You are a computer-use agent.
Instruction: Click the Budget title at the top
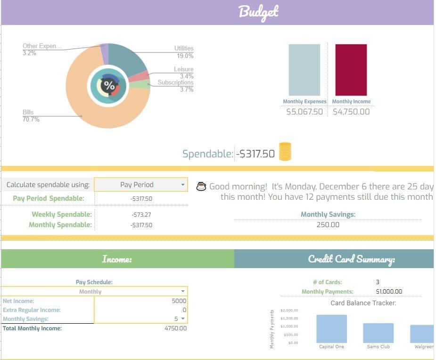(x=258, y=12)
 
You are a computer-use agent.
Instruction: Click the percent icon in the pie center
(x=109, y=86)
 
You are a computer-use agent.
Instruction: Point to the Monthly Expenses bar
(x=304, y=70)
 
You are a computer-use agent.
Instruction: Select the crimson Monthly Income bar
(x=351, y=70)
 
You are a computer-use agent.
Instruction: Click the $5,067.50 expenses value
(x=304, y=112)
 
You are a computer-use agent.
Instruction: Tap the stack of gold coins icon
(x=285, y=152)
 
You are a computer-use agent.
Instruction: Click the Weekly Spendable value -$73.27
(x=141, y=215)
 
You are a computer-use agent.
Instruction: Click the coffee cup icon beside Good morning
(x=201, y=187)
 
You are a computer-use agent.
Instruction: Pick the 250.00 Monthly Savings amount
(x=328, y=225)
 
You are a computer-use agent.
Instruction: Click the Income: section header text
(x=117, y=259)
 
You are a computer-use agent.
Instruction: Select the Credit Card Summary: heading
(x=351, y=259)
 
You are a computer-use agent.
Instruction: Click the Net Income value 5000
(x=179, y=301)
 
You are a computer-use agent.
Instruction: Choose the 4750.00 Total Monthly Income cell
(x=175, y=328)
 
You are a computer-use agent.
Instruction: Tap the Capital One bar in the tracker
(x=331, y=329)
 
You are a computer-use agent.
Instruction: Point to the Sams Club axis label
(x=378, y=347)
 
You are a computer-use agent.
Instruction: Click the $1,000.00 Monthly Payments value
(x=389, y=292)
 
